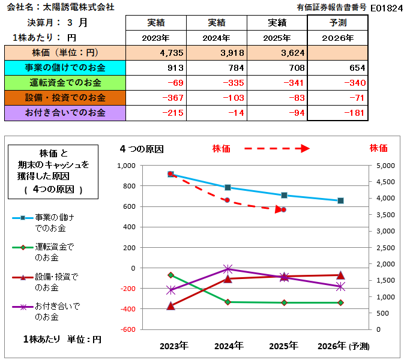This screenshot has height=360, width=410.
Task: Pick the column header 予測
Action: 337,23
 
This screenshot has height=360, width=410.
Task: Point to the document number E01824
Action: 388,8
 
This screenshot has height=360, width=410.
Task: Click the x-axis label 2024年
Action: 228,346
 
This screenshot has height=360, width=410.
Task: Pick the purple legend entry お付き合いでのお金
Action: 55,311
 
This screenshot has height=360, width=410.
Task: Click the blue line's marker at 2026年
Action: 340,200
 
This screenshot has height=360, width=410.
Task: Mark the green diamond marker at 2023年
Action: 171,275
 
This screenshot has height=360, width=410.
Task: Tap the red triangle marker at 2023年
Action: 171,305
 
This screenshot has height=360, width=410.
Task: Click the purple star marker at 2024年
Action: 228,269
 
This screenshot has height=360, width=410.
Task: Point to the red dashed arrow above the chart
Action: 277,148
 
